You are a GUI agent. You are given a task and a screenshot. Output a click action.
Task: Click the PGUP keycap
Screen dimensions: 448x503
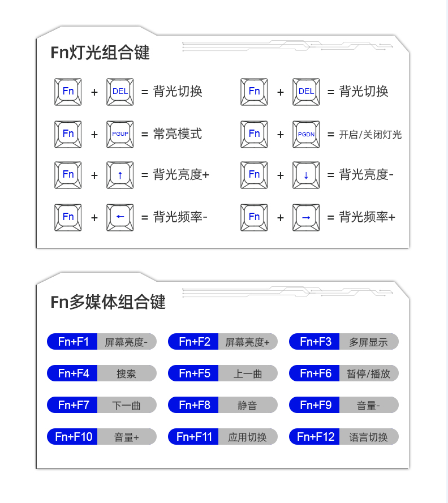point(120,134)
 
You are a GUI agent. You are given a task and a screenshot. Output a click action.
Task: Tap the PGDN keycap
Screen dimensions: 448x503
point(306,134)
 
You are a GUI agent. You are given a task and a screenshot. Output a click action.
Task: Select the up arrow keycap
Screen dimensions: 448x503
point(120,175)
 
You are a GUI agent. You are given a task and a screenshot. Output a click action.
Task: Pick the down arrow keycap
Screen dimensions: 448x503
point(306,175)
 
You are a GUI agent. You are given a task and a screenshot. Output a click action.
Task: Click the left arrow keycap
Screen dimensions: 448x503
point(120,217)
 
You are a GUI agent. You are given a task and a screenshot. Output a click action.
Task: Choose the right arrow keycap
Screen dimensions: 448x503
point(306,217)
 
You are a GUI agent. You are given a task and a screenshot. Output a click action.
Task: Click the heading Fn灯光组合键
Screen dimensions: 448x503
point(100,53)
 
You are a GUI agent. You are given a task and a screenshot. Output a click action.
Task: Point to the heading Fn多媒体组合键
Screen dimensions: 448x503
point(108,302)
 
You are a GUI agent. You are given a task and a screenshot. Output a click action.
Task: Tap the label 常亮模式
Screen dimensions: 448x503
point(178,134)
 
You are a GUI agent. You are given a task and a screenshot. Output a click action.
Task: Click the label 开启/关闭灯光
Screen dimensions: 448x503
point(371,135)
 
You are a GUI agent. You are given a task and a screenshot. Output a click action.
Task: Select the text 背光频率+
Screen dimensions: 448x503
point(367,217)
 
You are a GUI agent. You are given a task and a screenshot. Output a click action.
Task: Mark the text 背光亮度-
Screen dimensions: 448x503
point(366,175)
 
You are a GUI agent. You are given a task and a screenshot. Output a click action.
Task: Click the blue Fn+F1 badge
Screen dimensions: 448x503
point(72,342)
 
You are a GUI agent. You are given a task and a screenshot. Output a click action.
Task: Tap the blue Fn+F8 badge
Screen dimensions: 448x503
point(193,405)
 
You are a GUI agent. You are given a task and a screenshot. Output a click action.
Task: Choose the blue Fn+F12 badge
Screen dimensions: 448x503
point(315,437)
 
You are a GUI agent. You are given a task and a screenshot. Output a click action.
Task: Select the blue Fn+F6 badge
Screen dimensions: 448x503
point(315,373)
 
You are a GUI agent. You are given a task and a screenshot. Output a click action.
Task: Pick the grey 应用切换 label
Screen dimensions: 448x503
point(247,437)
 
